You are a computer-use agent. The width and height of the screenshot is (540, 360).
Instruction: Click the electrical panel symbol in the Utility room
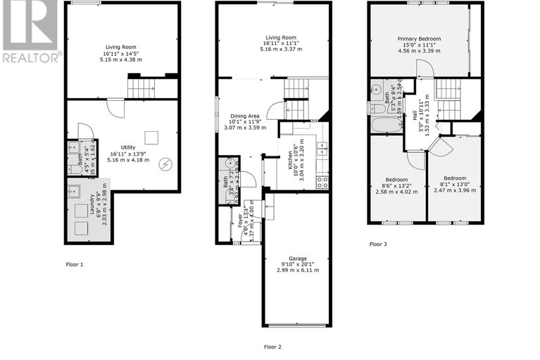point(165,165)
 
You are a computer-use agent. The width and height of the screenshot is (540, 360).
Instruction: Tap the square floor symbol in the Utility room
point(149,137)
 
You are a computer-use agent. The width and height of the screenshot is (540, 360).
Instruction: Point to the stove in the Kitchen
point(322,181)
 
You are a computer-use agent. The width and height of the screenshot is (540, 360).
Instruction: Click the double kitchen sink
point(322,149)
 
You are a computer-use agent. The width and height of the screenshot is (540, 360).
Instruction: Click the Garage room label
point(297,259)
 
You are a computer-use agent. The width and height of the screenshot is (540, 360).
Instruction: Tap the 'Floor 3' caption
point(378,244)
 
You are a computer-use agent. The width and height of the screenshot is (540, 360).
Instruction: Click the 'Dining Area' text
point(243,116)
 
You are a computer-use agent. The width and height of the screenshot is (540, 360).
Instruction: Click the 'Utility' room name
point(127,147)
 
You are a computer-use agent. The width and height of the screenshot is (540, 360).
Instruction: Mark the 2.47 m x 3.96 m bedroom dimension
point(454,191)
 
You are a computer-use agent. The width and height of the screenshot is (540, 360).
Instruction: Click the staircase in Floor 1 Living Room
point(144,88)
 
